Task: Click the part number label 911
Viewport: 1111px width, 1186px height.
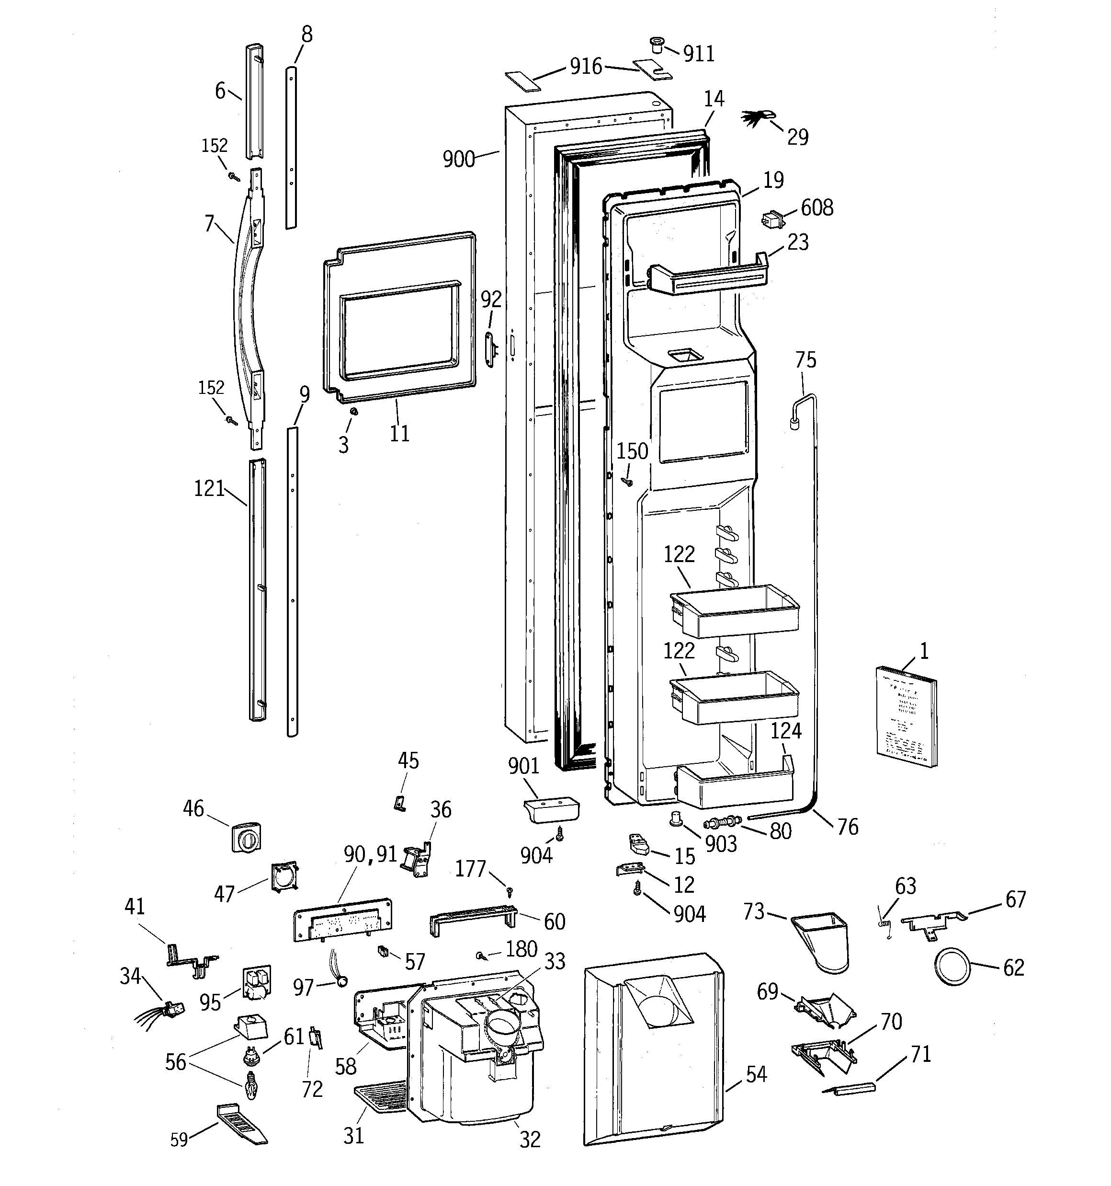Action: pyautogui.click(x=698, y=54)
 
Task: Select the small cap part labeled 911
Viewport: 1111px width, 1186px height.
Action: pyautogui.click(x=657, y=45)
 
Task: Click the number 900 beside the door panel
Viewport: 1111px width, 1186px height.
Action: pyautogui.click(x=459, y=159)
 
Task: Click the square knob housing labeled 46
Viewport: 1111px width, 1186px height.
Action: pyautogui.click(x=246, y=838)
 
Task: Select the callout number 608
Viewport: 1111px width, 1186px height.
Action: pyautogui.click(x=816, y=207)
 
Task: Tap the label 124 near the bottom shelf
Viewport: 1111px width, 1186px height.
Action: pyautogui.click(x=786, y=731)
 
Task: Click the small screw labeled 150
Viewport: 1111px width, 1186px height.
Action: pyautogui.click(x=627, y=481)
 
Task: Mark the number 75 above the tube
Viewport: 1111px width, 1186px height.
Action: pyautogui.click(x=805, y=360)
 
